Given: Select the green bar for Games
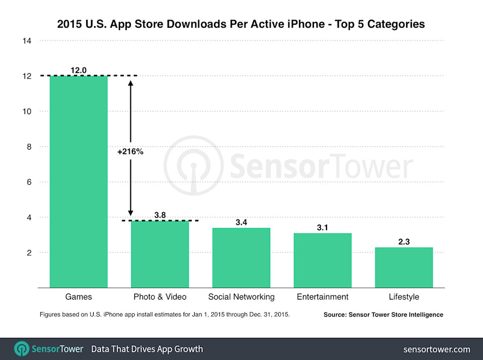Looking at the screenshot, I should tap(78, 181).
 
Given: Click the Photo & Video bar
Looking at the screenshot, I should tap(160, 254).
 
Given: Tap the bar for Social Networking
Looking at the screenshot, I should tap(241, 257).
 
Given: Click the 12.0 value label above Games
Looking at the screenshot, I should tap(78, 70).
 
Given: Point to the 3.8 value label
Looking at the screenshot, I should tap(160, 215).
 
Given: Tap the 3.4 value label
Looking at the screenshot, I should tap(241, 222).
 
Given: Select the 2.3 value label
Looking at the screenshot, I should tap(404, 242).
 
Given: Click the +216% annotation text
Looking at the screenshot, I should tap(130, 152).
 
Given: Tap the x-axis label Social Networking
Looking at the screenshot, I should tap(241, 297).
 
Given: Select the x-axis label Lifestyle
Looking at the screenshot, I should tap(404, 297).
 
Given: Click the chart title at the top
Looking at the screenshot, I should tap(241, 24).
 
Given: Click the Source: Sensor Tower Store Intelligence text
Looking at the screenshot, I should tap(383, 315).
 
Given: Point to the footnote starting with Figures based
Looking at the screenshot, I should tap(165, 315).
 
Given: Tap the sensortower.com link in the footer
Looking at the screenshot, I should tap(437, 349).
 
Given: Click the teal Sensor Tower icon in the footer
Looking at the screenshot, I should tap(22, 349).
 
